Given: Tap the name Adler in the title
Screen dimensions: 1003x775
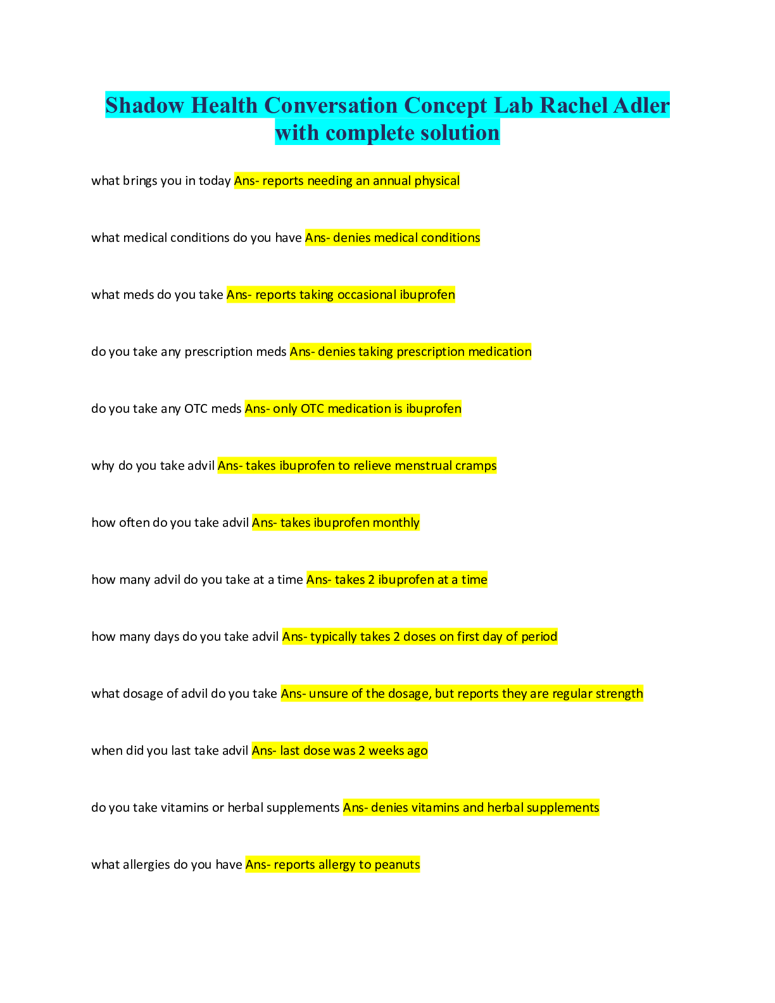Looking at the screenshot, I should [x=641, y=106].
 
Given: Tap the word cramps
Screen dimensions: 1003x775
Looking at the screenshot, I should [x=476, y=466].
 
